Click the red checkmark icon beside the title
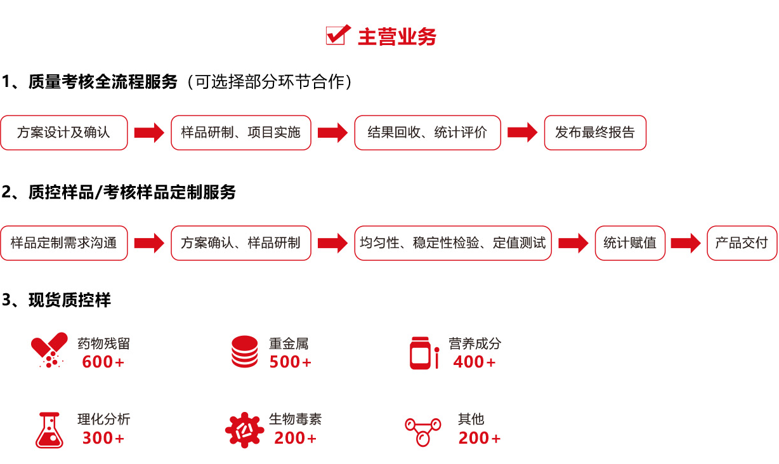pos(338,35)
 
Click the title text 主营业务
pos(397,37)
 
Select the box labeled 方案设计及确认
pos(64,133)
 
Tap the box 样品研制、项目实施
pos(240,133)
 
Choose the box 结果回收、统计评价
pos(428,133)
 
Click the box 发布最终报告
pos(595,133)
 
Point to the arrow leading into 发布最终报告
pos(522,132)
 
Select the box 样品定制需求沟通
pos(64,243)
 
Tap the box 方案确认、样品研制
pos(240,243)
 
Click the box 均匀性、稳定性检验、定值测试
pos(453,243)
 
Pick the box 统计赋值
pos(630,243)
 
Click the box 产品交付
pos(742,243)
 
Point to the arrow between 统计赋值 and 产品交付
pos(686,243)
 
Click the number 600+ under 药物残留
pos(103,362)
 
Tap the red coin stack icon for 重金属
pos(244,352)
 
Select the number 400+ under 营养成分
pos(474,362)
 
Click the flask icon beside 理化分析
pos(49,430)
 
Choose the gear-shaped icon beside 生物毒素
pos(244,430)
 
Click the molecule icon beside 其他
pos(423,432)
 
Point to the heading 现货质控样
pos(70,300)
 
